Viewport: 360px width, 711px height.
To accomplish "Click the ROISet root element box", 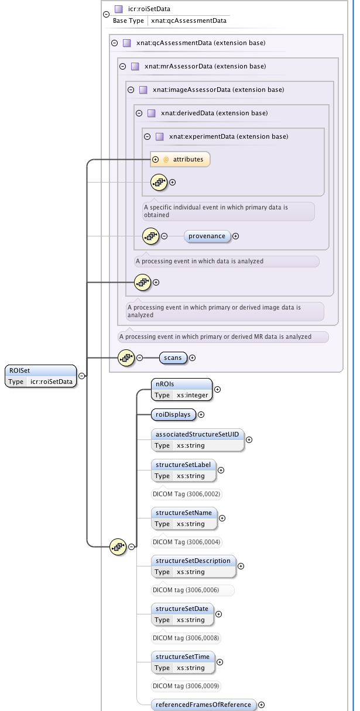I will [40, 376].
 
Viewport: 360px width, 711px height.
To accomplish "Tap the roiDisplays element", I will [173, 414].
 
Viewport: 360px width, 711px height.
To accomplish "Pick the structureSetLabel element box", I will [183, 470].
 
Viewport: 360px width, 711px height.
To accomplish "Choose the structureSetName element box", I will [183, 518].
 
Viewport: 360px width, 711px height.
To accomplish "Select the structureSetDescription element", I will [193, 566].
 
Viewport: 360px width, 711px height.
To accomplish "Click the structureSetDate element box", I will [182, 614].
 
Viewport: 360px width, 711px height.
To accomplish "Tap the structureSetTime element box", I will [183, 662].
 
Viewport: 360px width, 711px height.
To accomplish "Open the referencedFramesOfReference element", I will [203, 705].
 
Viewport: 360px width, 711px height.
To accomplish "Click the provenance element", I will [207, 236].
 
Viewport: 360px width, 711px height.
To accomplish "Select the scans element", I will [172, 357].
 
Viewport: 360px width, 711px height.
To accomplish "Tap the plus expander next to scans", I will [192, 358].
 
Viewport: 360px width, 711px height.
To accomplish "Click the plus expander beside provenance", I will [236, 236].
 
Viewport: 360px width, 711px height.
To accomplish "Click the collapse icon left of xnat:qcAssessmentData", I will [114, 43].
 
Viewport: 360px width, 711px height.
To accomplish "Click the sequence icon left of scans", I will [126, 358].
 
